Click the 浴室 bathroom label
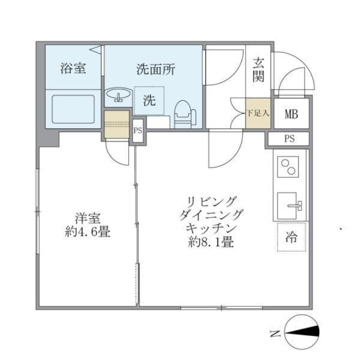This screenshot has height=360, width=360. [x=73, y=69]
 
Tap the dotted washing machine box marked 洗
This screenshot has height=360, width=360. [x=149, y=101]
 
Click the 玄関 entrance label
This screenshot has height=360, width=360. [x=258, y=70]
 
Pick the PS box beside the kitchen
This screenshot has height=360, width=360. [x=289, y=139]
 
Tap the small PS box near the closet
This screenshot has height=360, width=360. [x=138, y=131]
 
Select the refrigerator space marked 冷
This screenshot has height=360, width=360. [x=291, y=237]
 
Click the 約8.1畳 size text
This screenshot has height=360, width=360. [x=211, y=243]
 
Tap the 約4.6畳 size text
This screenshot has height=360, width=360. [x=87, y=233]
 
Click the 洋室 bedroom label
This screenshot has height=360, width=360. [x=87, y=218]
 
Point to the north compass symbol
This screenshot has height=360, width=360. [x=302, y=333]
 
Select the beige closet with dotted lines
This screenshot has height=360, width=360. [x=117, y=124]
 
